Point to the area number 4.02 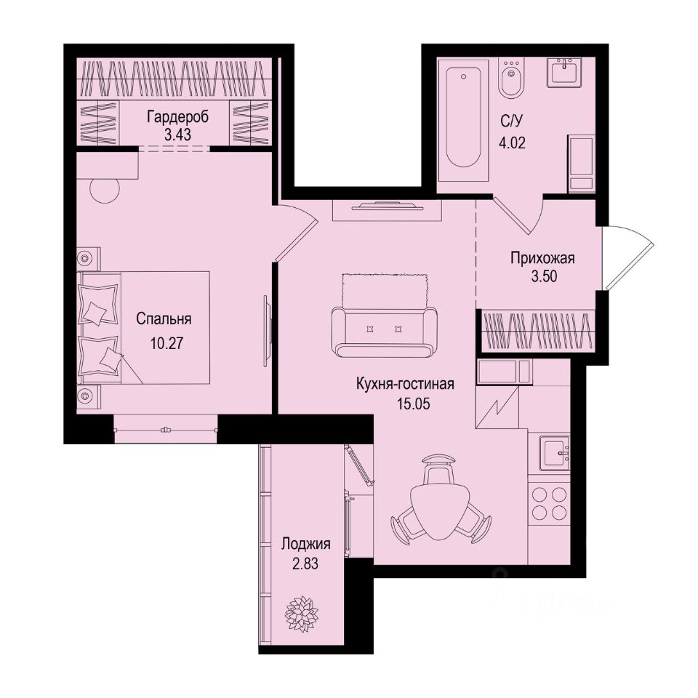512,140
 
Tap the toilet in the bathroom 512,79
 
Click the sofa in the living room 384,331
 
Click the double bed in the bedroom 145,327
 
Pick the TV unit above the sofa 386,209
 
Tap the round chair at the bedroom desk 105,191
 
